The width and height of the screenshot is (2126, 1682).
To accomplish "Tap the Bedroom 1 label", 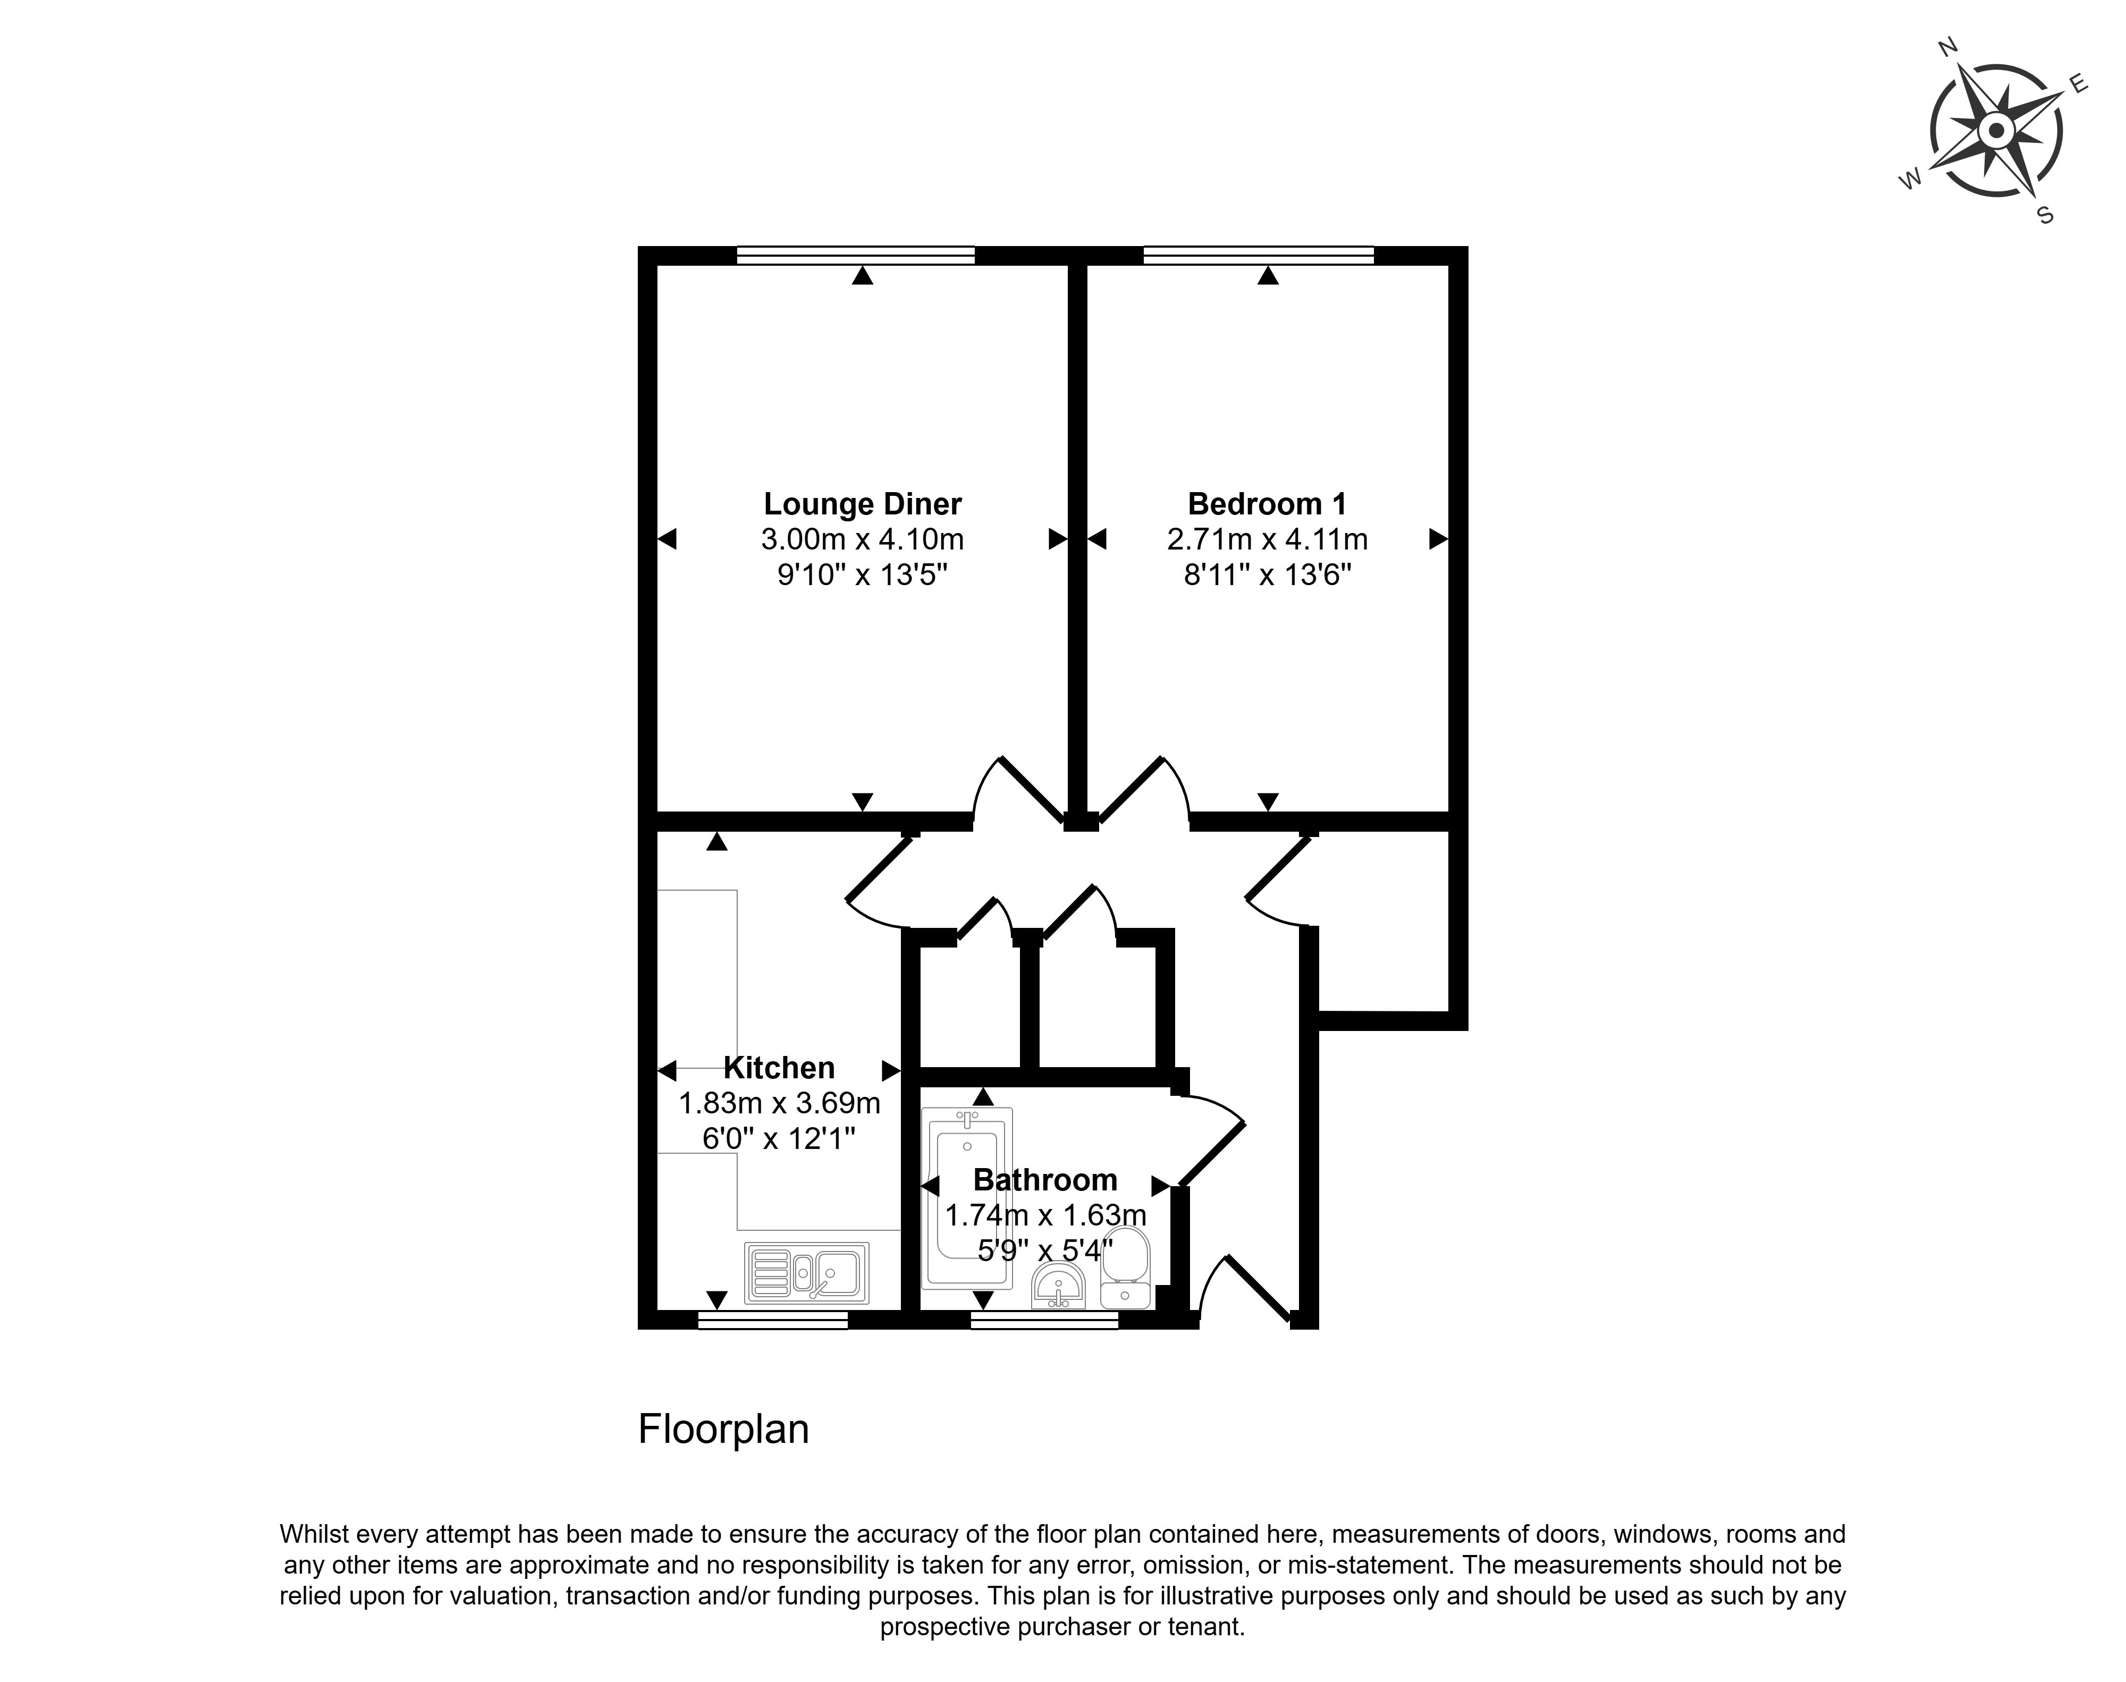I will pyautogui.click(x=1267, y=504).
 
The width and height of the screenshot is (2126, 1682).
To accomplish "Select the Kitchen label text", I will pyautogui.click(x=779, y=1068).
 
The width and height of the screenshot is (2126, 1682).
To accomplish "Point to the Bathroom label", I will pyautogui.click(x=1045, y=1180).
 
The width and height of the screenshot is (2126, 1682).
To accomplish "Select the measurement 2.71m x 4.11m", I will pyautogui.click(x=1267, y=539).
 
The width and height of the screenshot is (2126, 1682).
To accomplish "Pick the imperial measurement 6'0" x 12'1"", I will pyautogui.click(x=779, y=1138).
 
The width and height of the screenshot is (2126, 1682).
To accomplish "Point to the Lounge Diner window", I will pyautogui.click(x=856, y=255).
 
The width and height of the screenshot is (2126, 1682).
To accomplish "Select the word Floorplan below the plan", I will pyautogui.click(x=724, y=1429).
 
